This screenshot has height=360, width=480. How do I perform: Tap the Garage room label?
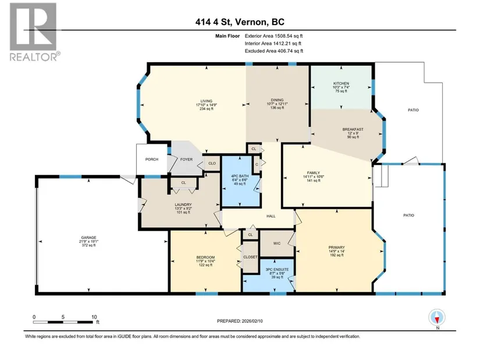tap(88, 237)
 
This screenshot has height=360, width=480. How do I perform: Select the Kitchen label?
tap(341, 83)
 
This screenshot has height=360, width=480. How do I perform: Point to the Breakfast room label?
tap(353, 130)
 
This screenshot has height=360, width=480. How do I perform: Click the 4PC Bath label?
tap(240, 176)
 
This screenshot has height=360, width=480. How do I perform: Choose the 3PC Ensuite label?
tap(277, 269)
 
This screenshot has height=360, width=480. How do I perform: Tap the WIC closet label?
tap(277, 243)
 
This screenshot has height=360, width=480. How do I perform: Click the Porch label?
tap(152, 159)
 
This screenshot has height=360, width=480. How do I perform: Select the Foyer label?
tap(186, 159)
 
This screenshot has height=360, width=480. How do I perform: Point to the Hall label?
tap(271, 216)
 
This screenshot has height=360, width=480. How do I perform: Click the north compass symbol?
tap(437, 318)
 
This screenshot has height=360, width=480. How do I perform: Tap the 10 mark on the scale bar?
tap(94, 317)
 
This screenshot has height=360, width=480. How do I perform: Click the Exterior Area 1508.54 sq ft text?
tap(273, 36)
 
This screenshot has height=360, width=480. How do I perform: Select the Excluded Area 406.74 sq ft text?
tap(274, 51)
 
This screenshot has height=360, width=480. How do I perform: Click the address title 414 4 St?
tap(214, 22)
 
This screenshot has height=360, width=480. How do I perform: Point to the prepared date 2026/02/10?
tap(253, 321)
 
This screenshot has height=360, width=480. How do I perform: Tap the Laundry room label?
tap(183, 205)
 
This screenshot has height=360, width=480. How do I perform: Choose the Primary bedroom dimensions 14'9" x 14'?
tap(337, 251)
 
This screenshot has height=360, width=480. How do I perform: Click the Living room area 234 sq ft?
tap(207, 109)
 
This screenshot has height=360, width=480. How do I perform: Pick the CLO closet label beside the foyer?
tap(212, 163)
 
